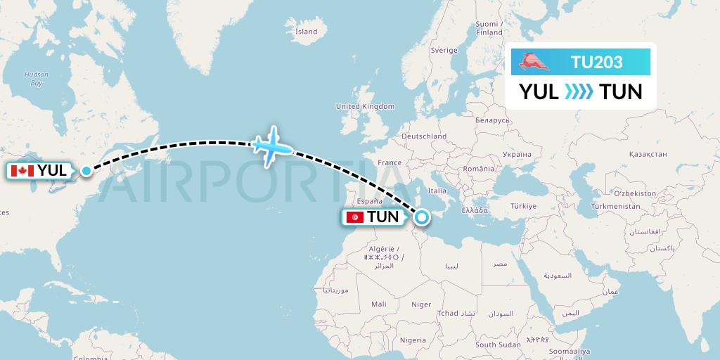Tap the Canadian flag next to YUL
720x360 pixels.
point(23,171)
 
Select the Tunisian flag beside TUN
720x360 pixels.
point(356,217)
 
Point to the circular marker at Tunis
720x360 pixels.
point(421,217)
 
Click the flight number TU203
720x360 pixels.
point(596,62)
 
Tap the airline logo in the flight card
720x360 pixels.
point(536,63)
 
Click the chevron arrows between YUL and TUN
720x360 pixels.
point(579,91)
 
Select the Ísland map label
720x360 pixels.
point(307,32)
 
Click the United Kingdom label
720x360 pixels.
point(365,106)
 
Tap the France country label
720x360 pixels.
point(389,162)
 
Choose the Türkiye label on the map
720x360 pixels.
point(523,206)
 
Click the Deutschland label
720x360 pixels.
point(424,136)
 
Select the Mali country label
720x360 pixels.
point(379,304)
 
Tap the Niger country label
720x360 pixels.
point(421,304)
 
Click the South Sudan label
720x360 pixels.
point(497,345)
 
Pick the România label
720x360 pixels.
point(479,169)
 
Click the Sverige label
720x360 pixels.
point(444,51)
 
